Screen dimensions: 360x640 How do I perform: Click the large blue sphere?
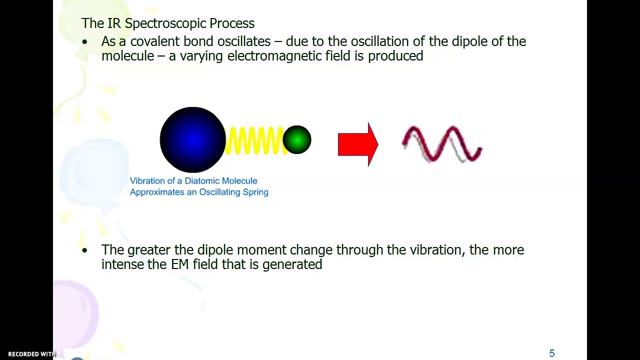pos(192,140)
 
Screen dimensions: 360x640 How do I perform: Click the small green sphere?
pos(297,139)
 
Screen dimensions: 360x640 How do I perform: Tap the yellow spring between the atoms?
pos(254,140)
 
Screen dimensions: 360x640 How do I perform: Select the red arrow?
pos(358,144)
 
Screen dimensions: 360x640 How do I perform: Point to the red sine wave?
pos(442,144)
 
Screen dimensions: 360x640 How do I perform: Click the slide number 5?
pos(552,353)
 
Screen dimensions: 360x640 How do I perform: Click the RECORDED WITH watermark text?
pos(31,354)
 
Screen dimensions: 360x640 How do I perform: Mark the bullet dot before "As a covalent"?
pos(84,42)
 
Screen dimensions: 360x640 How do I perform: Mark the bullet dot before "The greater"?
pos(84,250)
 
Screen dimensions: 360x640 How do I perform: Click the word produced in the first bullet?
pos(395,56)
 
